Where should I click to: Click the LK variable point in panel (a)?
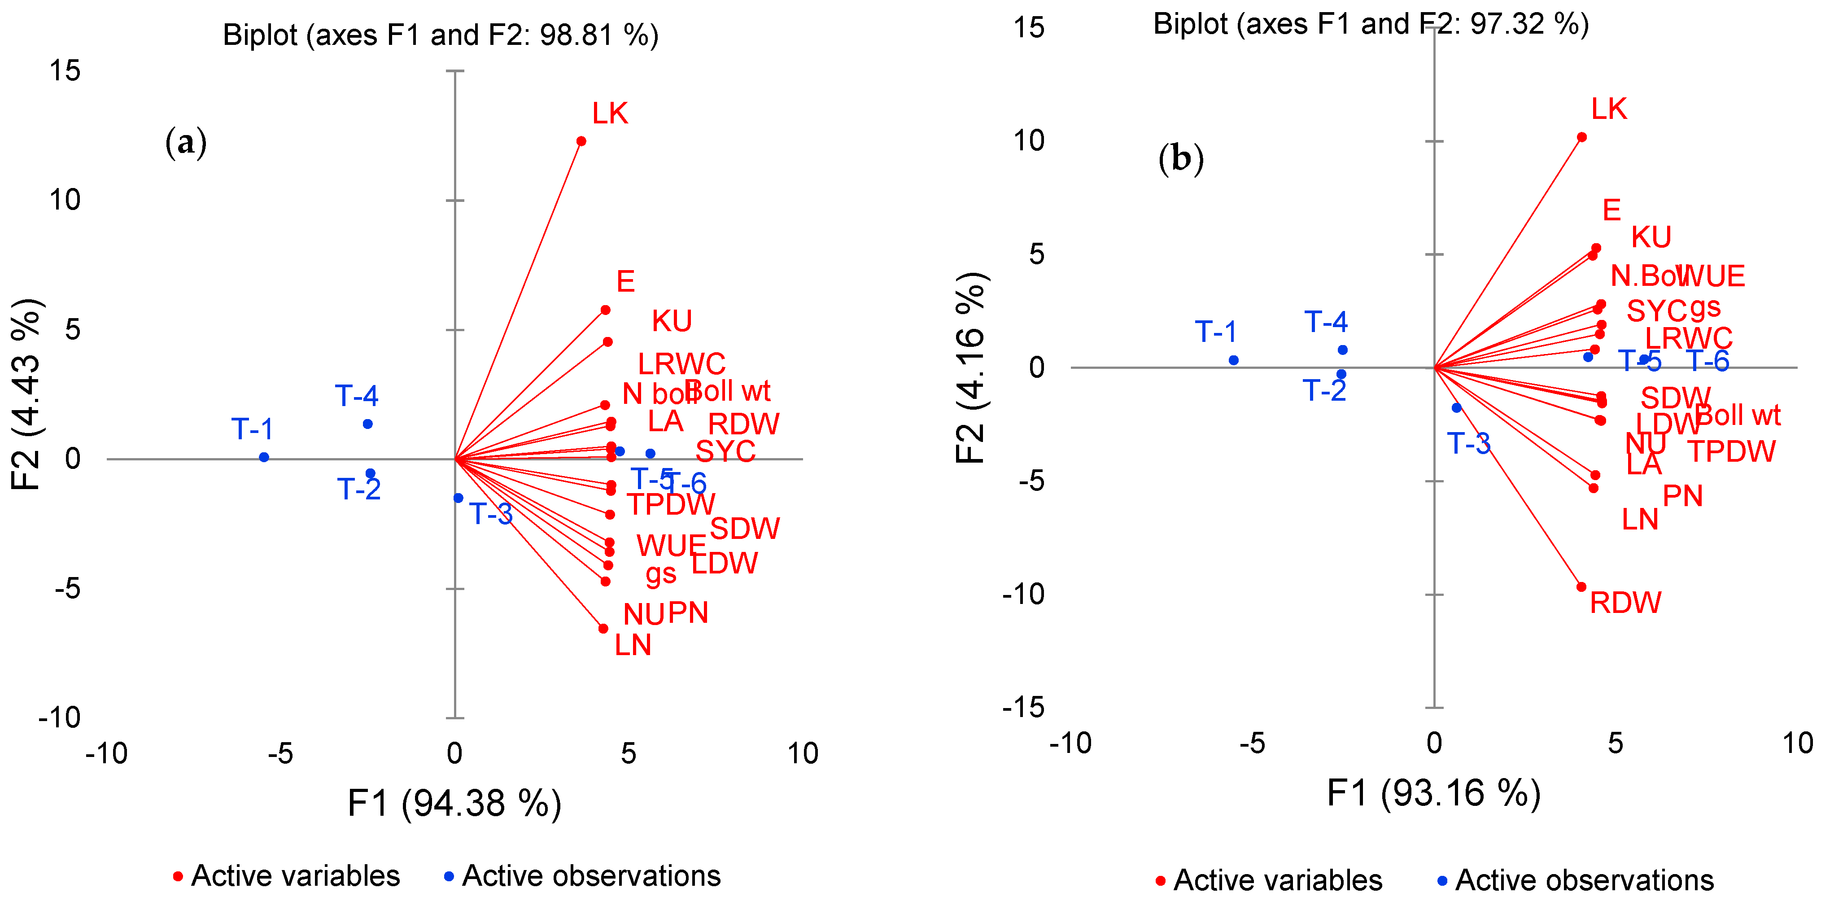click(x=581, y=141)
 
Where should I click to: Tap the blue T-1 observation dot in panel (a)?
click(x=264, y=458)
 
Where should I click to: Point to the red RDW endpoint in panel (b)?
click(x=1581, y=587)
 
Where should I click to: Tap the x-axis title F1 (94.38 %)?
click(x=454, y=803)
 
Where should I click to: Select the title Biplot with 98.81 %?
click(x=441, y=35)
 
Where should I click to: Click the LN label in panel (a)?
click(x=633, y=645)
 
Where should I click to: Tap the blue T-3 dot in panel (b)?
click(x=1456, y=408)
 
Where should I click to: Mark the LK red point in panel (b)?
click(x=1582, y=137)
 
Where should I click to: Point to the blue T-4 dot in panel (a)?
click(x=367, y=424)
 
